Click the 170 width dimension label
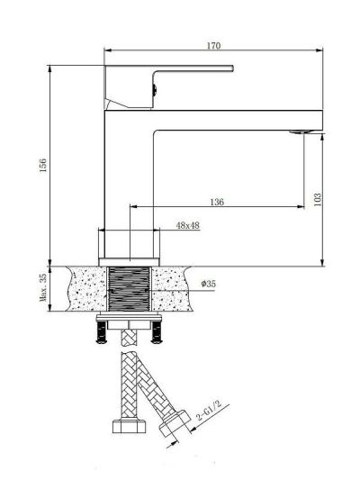pos(213,46)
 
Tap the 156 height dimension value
pos(43,165)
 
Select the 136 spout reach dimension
pos(217,202)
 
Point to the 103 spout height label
pos(318,199)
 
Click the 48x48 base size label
pos(188,226)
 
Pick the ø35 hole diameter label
pos(208,284)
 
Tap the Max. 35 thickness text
pos(43,288)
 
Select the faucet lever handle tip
pos(232,68)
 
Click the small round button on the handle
pos(155,89)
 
